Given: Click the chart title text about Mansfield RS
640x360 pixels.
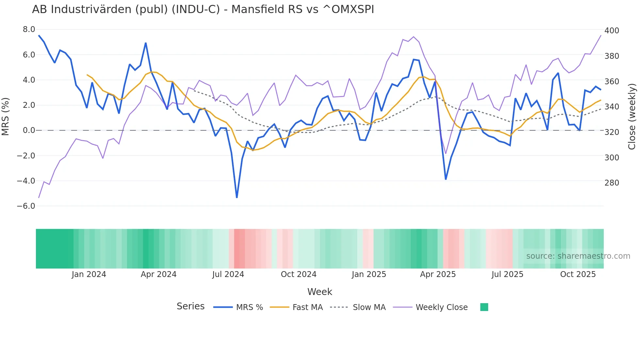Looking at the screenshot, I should click(203, 9).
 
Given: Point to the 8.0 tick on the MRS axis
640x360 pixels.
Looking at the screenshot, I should click(29, 29).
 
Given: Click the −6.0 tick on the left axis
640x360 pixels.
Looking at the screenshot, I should click(26, 206).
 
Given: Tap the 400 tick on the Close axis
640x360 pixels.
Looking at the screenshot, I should click(612, 31).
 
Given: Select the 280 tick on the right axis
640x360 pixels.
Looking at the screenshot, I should click(612, 183).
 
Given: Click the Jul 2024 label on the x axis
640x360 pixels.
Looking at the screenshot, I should click(228, 274).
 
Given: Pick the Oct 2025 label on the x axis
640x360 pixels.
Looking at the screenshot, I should click(578, 274).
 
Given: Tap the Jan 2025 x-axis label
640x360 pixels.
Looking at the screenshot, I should click(369, 274).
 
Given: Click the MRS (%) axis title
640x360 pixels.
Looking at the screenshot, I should click(5, 116).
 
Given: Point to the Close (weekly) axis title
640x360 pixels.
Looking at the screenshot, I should click(632, 116).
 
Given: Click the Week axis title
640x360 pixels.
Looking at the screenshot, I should click(320, 292).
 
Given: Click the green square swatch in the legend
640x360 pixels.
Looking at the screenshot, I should click(484, 307).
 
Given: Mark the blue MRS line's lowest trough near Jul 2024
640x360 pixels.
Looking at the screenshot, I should click(237, 197).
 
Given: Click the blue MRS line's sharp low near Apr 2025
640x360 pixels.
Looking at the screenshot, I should click(446, 179).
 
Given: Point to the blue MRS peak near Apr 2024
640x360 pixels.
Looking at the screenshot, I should click(146, 43).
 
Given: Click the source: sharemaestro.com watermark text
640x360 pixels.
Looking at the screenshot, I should click(578, 256).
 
